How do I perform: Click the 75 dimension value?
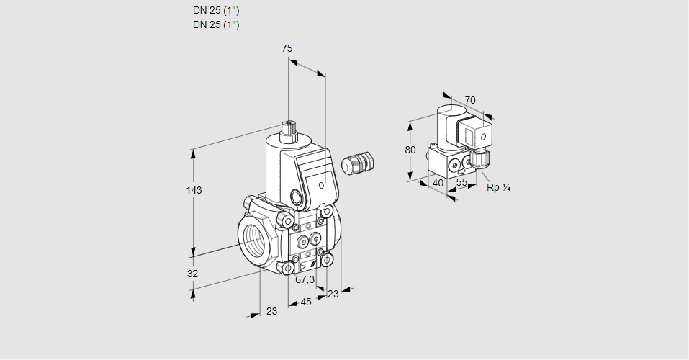287,48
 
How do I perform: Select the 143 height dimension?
193,190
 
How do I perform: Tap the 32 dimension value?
192,274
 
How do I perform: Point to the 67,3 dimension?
305,279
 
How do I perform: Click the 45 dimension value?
306,302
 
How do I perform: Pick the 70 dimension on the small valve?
470,100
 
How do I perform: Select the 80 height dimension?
410,150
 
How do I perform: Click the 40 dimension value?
438,184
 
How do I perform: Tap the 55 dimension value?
462,184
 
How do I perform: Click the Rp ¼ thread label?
498,187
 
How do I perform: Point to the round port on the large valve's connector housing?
297,196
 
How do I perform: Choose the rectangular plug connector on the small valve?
476,134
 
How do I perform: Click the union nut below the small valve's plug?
479,156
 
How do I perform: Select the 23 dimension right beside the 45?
333,294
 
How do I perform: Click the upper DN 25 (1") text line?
216,11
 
